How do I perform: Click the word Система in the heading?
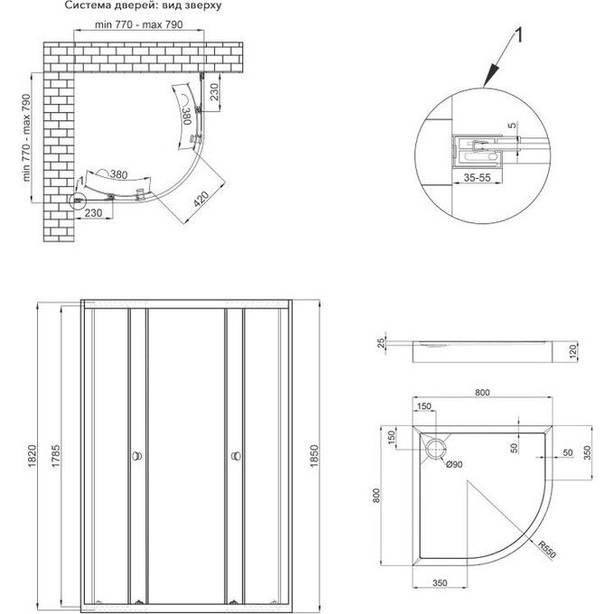click(x=86, y=5)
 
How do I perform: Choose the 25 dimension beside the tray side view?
click(x=383, y=344)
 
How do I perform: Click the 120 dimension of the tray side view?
click(x=573, y=350)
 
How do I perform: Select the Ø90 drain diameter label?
click(x=454, y=465)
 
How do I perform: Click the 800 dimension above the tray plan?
click(x=482, y=394)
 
